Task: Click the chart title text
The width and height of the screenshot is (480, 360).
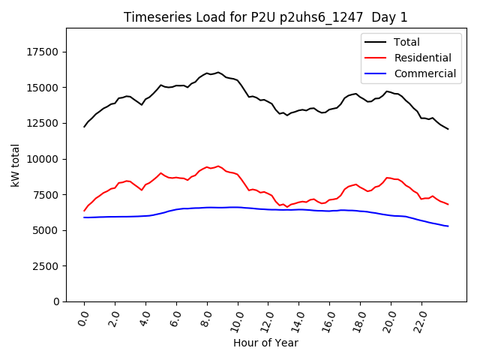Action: point(266,17)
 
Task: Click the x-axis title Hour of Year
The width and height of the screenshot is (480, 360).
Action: point(266,343)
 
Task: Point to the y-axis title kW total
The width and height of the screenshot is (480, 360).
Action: point(15,164)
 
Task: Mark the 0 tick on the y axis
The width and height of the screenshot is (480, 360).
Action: point(55,301)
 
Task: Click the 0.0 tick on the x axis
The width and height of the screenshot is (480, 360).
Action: point(82,317)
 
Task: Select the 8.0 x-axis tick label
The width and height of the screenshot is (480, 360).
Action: point(205,317)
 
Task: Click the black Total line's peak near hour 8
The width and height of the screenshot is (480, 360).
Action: point(218,73)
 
